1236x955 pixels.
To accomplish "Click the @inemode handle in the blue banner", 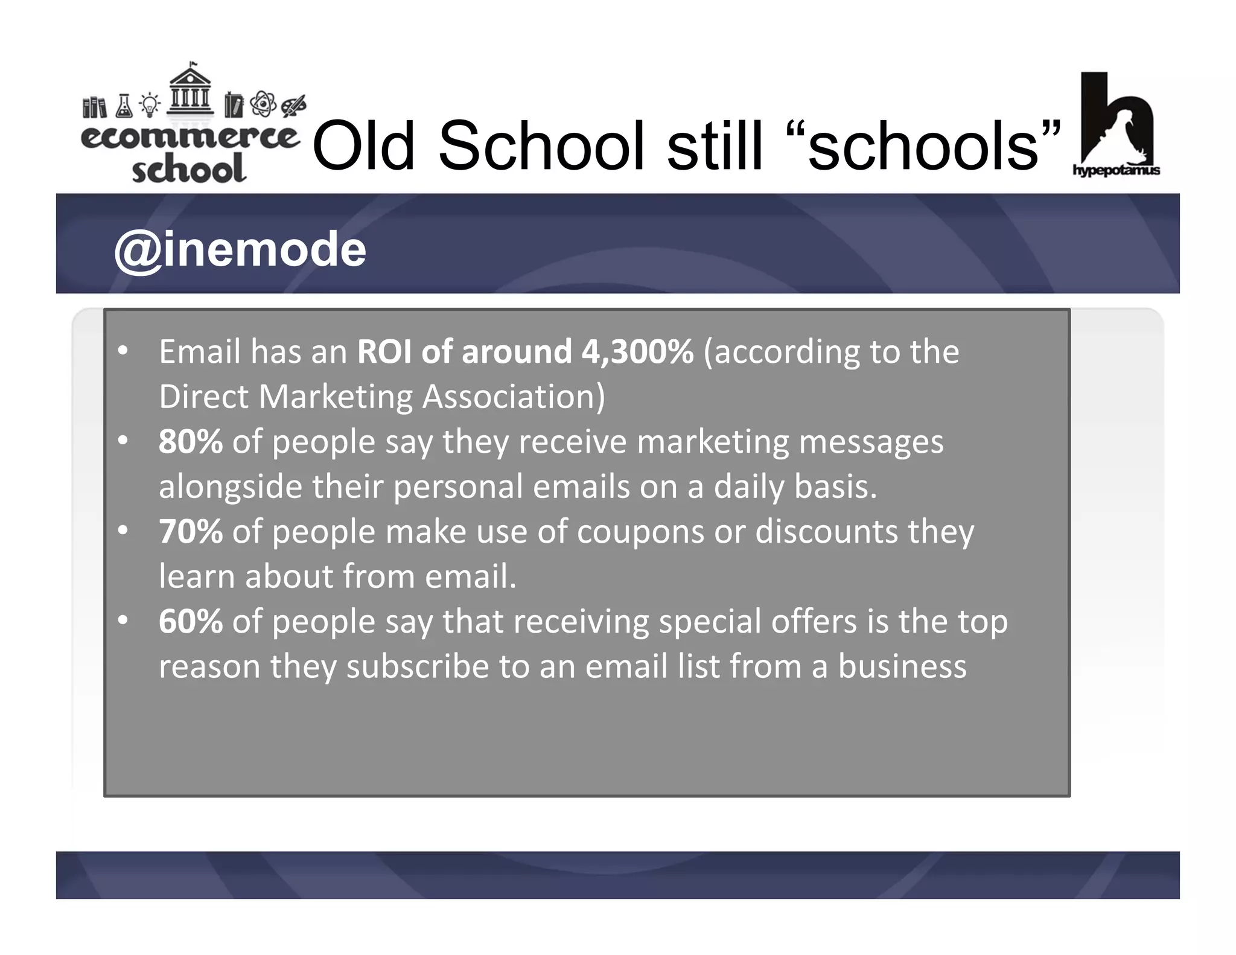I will coord(240,250).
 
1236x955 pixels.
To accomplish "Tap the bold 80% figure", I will coord(191,442).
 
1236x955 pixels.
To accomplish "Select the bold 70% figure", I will coord(191,532).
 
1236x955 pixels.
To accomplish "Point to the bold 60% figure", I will coord(191,622).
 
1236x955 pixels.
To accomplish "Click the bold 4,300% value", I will coord(637,352).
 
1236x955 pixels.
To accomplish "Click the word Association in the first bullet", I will coord(513,397).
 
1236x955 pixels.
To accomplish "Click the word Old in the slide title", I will coord(363,146).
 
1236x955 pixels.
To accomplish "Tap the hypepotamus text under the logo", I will coord(1116,170).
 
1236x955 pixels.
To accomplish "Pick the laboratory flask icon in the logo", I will coord(124,106).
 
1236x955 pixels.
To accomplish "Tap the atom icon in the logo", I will coord(263,104).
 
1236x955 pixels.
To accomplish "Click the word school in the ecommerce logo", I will coord(189,170).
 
